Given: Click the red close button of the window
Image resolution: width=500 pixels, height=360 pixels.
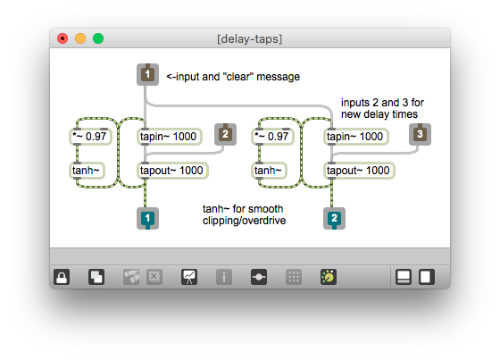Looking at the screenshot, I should tap(62, 39).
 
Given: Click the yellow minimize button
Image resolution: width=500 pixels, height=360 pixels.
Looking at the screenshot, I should tap(80, 39).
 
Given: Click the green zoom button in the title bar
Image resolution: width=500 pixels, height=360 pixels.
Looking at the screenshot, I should tap(98, 39).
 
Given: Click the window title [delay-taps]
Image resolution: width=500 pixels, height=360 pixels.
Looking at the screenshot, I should tap(250, 39).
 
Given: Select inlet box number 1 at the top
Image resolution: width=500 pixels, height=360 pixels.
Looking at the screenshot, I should tap(147, 75).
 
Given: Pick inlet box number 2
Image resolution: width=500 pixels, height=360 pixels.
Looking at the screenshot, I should tap(225, 135).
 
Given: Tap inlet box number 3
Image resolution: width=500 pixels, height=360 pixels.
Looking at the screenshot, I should tap(420, 135).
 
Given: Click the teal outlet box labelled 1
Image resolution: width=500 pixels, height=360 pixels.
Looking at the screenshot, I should tap(147, 218).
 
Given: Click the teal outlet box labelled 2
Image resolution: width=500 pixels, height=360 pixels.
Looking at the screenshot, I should tap(334, 218).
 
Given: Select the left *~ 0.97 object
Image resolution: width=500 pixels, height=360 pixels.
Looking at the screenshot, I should tap(91, 137).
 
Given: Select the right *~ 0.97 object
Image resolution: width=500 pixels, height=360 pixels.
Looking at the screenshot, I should tap(277, 137).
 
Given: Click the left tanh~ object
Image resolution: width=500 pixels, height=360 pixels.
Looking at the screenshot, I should tap(87, 170).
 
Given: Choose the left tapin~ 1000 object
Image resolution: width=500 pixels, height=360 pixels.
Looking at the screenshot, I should tap(169, 137).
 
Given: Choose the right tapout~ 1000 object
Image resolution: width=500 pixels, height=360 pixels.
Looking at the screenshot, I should tap(359, 170).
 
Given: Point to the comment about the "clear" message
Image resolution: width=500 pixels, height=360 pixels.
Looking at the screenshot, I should tap(232, 76).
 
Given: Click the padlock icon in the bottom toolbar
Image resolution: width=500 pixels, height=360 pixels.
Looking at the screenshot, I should tap(62, 276).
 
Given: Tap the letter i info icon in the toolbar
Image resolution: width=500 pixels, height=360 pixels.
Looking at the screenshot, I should tap(223, 276).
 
